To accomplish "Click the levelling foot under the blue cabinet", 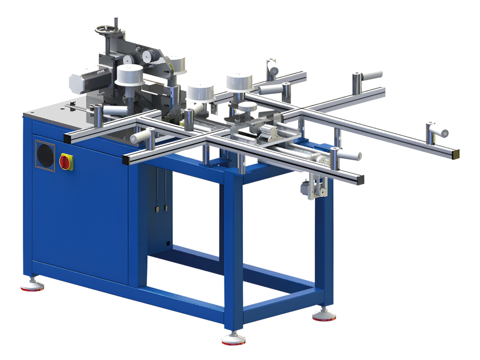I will (x=31, y=284).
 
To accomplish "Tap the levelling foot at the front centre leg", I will (x=232, y=339).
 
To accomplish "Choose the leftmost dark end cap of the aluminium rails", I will (x=67, y=137).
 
